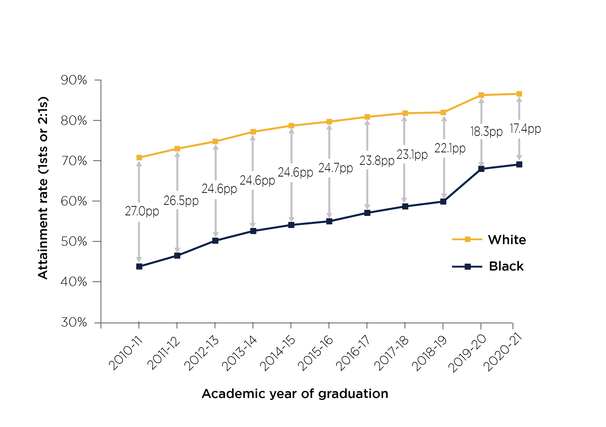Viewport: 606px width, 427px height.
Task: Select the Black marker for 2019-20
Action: click(x=481, y=169)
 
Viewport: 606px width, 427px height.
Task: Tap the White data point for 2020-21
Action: click(x=519, y=94)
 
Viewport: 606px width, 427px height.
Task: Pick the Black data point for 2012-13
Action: click(x=215, y=240)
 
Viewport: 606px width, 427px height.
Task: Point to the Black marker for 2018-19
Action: click(x=443, y=202)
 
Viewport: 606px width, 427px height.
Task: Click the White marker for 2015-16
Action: click(x=329, y=122)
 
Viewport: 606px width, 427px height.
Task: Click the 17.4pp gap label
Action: click(x=525, y=129)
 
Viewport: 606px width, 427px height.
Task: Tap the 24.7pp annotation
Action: click(x=335, y=168)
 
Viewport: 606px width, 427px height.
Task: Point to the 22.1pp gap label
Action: click(x=450, y=148)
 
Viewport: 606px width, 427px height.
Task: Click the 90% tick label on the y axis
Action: click(x=74, y=80)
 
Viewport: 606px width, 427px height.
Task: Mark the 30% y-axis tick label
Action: click(x=74, y=322)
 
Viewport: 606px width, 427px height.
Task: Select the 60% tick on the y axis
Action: click(x=74, y=201)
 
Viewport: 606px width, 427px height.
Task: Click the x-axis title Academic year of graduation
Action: click(x=295, y=394)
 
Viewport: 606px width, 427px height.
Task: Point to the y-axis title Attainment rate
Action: click(x=43, y=188)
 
